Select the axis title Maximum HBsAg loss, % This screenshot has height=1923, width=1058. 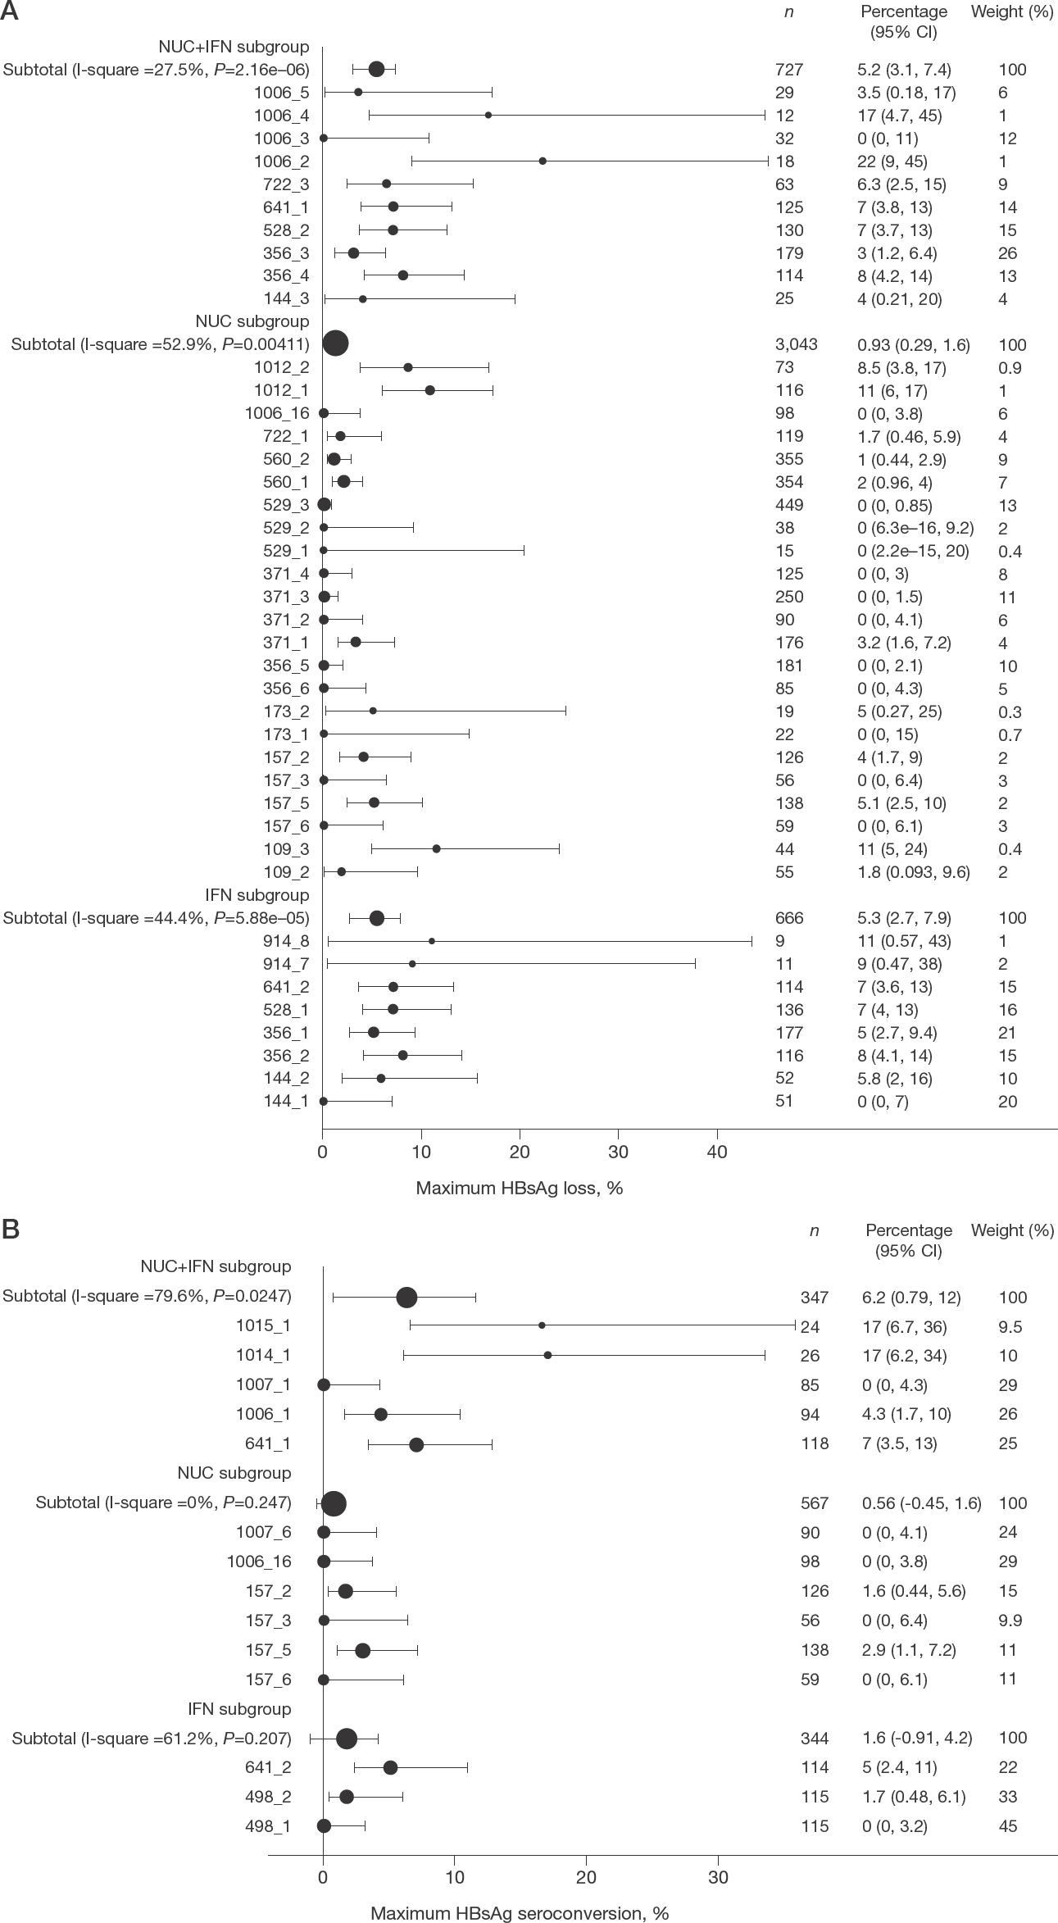point(520,1188)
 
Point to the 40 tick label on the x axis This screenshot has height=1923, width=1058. point(717,1152)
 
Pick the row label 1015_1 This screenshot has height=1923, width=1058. point(263,1326)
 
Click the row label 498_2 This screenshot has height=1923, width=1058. point(268,1797)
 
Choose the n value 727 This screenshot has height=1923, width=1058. point(788,70)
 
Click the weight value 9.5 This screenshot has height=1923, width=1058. point(1009,1327)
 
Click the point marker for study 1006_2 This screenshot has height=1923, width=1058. point(543,161)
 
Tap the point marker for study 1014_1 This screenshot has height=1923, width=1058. point(547,1355)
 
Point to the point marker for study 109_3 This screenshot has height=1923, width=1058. point(436,848)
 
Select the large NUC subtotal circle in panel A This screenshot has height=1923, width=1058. point(336,343)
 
